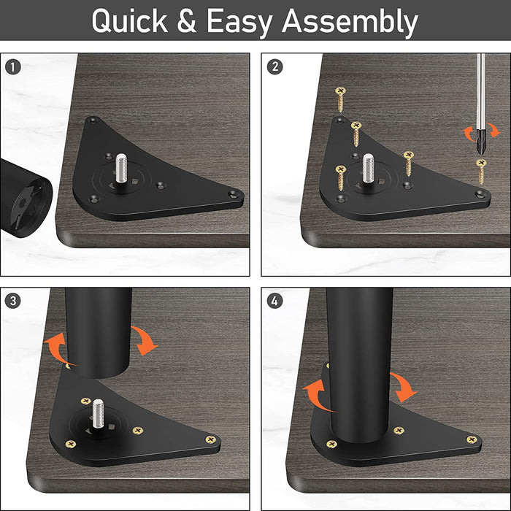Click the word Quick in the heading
(x=129, y=21)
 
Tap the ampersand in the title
(x=187, y=21)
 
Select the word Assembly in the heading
(x=350, y=21)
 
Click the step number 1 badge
(x=13, y=67)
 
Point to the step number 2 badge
(x=274, y=67)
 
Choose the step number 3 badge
(x=13, y=301)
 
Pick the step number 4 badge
(x=274, y=301)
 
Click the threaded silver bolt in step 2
(x=368, y=169)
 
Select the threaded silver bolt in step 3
(x=97, y=415)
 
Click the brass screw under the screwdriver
(x=481, y=171)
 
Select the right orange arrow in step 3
(x=145, y=340)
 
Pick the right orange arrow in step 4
(x=404, y=387)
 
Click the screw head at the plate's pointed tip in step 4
(x=472, y=439)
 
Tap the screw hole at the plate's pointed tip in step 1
(x=234, y=195)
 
